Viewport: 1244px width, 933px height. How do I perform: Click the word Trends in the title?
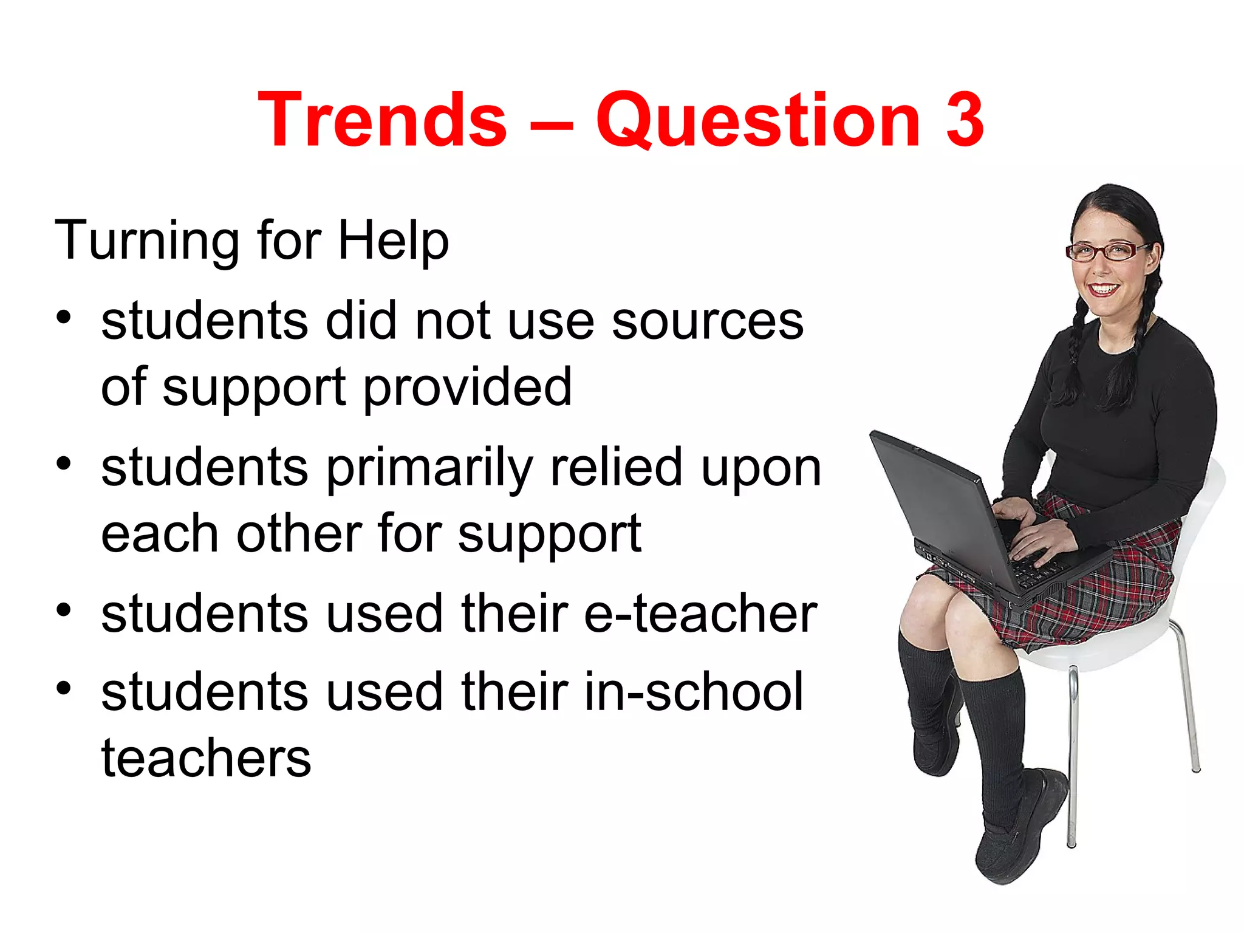click(382, 120)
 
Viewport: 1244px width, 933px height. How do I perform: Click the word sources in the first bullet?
click(707, 322)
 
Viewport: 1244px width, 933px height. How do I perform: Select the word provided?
click(468, 389)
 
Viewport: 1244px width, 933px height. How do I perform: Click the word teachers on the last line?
click(206, 759)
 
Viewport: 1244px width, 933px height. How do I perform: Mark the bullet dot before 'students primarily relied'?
click(64, 464)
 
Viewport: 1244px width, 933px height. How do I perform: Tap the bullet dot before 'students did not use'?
click(64, 317)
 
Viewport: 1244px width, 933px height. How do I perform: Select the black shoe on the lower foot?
click(1020, 832)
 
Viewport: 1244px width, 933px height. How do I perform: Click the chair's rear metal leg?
click(1188, 699)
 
